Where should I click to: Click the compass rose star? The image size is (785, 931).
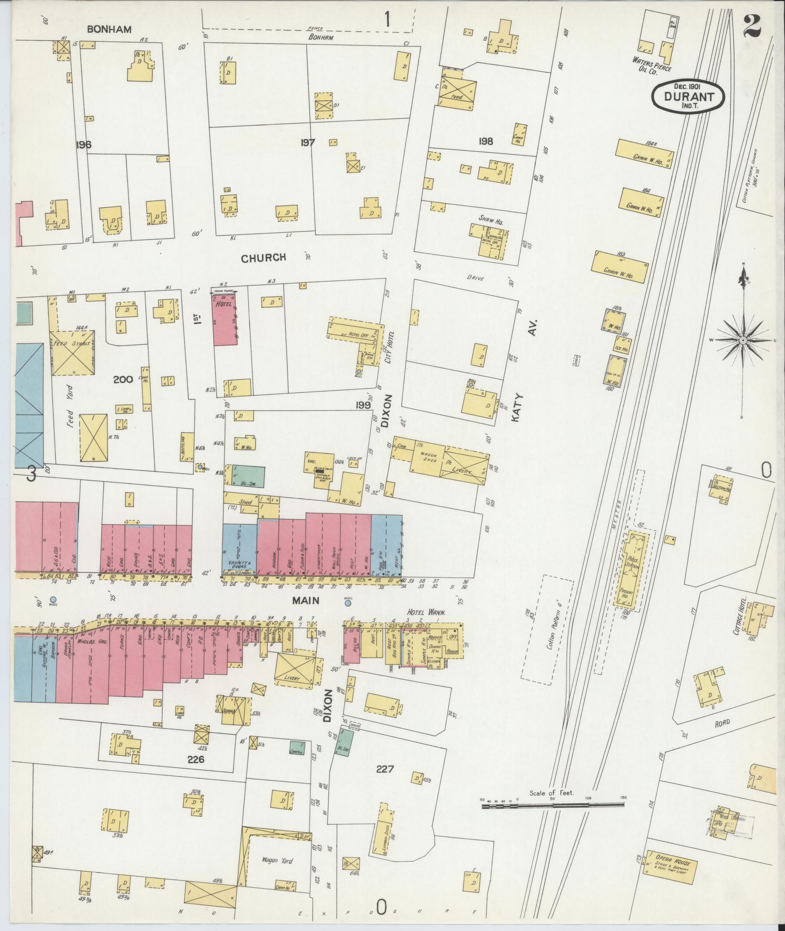pos(743,340)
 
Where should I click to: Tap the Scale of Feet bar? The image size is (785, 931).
pos(553,806)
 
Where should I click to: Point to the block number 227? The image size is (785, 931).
pos(385,769)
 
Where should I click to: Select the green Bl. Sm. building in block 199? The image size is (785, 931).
pos(248,476)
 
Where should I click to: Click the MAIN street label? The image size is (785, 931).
pos(306,601)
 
